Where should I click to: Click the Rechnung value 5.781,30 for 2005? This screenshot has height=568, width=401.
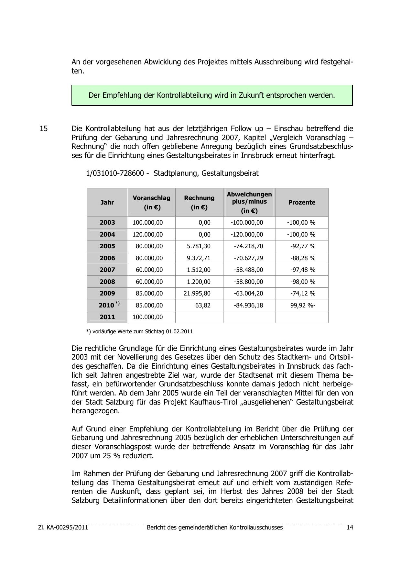tap(199, 246)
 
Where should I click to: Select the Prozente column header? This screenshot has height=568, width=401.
tap(302, 203)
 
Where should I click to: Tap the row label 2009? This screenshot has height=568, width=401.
tap(107, 294)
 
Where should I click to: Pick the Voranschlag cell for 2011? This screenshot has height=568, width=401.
tap(148, 317)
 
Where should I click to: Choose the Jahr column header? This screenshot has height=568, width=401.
tap(107, 203)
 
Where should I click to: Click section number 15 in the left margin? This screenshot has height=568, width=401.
tap(44, 128)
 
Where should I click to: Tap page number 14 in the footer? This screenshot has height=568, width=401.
tap(350, 528)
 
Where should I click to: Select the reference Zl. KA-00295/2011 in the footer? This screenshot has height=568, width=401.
tap(63, 528)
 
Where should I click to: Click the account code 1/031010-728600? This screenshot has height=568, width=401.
tap(115, 173)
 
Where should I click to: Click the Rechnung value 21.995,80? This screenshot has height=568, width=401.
tap(197, 294)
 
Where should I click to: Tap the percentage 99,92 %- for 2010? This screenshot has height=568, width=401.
tap(303, 305)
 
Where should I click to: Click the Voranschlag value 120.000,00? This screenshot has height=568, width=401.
tap(148, 235)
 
